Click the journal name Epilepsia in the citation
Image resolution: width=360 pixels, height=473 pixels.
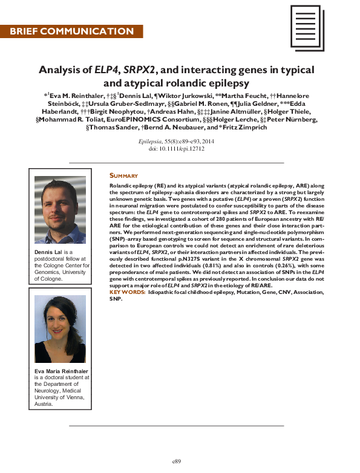coord(151,140)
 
